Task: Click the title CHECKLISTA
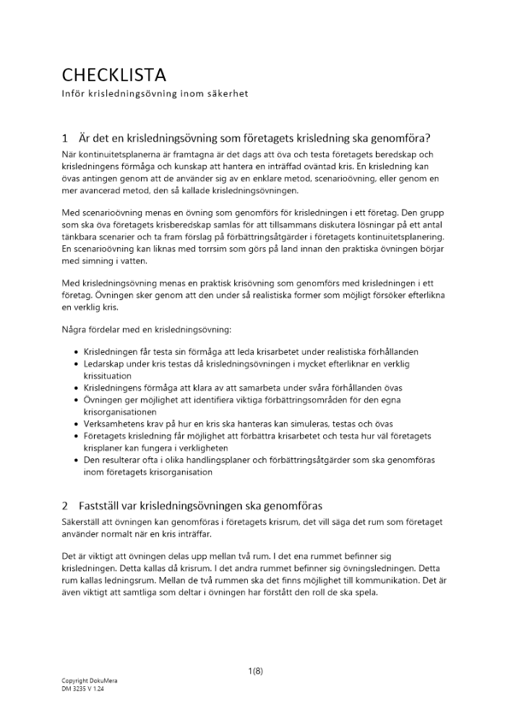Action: click(114, 74)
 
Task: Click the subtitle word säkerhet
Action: click(229, 95)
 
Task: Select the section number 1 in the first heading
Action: click(65, 138)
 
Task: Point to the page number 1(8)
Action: click(255, 671)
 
